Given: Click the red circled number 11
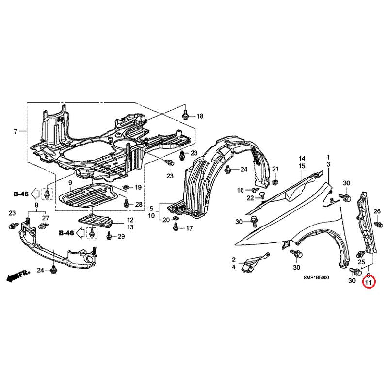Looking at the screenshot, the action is pyautogui.click(x=369, y=282).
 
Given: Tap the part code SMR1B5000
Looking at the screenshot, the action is pyautogui.click(x=316, y=278).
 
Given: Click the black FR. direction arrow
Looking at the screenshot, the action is pyautogui.click(x=18, y=276).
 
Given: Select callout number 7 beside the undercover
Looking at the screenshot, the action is pyautogui.click(x=16, y=131).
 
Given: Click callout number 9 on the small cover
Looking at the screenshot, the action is pyautogui.click(x=70, y=183).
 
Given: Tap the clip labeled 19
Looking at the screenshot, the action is pyautogui.click(x=126, y=187).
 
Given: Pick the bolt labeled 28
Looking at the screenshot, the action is pyautogui.click(x=127, y=203).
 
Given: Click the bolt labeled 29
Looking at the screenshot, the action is pyautogui.click(x=109, y=236).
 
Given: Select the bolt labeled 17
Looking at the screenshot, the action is pyautogui.click(x=176, y=227).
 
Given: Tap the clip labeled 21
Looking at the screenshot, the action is pyautogui.click(x=275, y=182).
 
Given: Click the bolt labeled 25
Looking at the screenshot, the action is pyautogui.click(x=361, y=254).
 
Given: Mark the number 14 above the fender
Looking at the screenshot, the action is pyautogui.click(x=302, y=159).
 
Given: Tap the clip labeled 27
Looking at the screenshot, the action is pyautogui.click(x=44, y=226).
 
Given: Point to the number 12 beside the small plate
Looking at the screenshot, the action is pyautogui.click(x=130, y=220).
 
